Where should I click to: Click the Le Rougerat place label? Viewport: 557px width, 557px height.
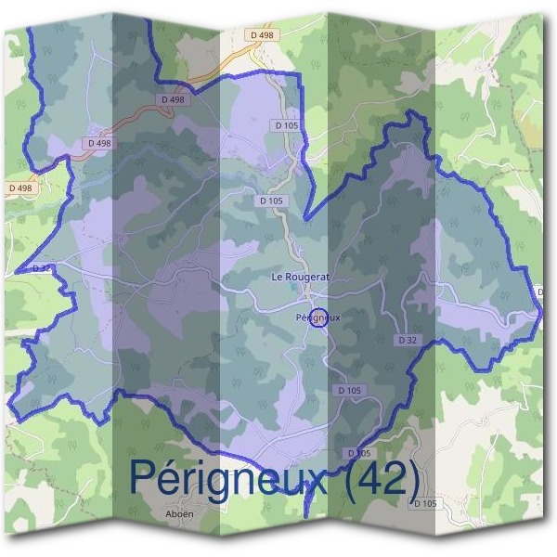pos(300,277)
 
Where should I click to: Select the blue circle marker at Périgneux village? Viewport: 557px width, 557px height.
pos(317,317)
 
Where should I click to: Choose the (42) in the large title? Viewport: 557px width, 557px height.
pos(382,478)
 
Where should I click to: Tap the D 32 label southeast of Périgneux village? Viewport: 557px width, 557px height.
pos(408,341)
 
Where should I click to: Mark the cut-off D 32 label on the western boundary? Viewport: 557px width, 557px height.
pos(40,268)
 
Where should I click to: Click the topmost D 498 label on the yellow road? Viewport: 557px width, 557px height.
pos(263,35)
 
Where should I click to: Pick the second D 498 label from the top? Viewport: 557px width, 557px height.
pos(173,99)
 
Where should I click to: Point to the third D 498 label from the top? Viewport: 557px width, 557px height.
pos(99,143)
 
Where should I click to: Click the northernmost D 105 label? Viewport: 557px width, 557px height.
pos(286,123)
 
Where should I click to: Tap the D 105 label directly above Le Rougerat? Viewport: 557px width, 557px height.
pos(270,200)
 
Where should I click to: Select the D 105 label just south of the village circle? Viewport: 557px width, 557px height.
pos(351,390)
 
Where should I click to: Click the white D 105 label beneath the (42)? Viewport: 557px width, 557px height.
pos(424,502)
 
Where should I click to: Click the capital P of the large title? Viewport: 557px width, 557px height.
pos(141,477)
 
